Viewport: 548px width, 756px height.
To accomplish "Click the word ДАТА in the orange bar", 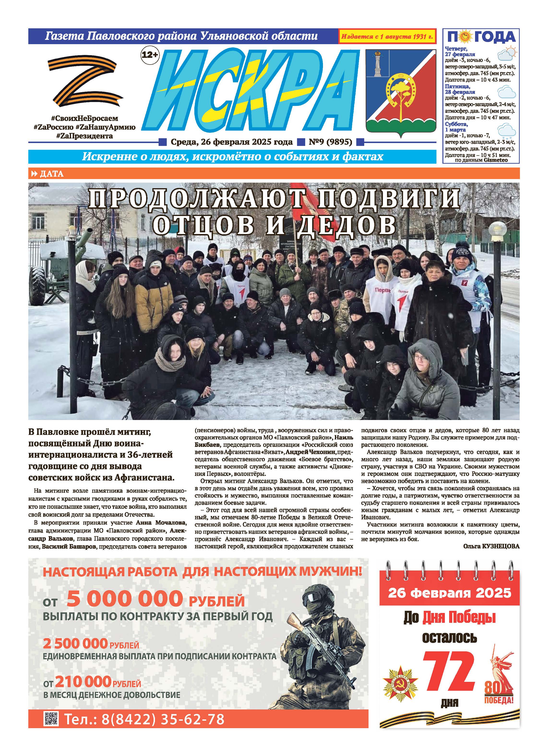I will [51, 174].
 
